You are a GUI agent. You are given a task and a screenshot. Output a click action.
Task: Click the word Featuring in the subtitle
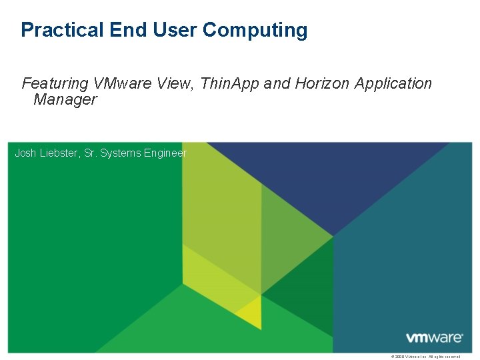(x=55, y=84)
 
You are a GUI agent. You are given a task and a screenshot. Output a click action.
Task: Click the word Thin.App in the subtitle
(x=230, y=84)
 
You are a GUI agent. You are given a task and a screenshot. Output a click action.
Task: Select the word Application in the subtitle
(x=393, y=84)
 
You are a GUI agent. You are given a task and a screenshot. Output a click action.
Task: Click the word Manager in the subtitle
(x=65, y=100)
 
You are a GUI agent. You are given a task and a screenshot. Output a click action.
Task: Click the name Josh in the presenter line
(x=25, y=153)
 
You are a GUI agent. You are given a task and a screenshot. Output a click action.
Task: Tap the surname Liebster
(x=60, y=153)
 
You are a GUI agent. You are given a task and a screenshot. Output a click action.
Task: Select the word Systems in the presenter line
(x=122, y=153)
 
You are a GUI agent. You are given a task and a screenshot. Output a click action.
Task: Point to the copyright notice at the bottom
(x=427, y=357)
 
